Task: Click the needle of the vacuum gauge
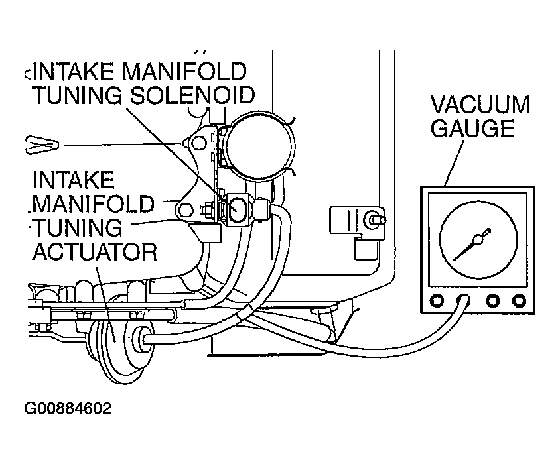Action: click(x=472, y=245)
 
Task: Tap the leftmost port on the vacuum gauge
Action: click(x=437, y=300)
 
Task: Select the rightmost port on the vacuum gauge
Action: click(x=519, y=300)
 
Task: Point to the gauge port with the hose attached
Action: click(x=464, y=300)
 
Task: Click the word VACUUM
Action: click(x=480, y=105)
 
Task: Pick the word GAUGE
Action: click(x=472, y=128)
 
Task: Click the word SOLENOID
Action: click(x=192, y=95)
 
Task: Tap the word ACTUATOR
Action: click(x=95, y=252)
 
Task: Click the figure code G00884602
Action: click(x=68, y=408)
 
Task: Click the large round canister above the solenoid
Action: click(x=261, y=147)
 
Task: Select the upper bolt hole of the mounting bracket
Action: click(x=199, y=143)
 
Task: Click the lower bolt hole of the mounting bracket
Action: click(x=185, y=209)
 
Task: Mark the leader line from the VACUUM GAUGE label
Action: click(x=455, y=163)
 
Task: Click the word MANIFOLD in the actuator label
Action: click(x=94, y=203)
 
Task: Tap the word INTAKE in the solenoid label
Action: click(x=75, y=71)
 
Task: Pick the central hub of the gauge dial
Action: click(x=478, y=239)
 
